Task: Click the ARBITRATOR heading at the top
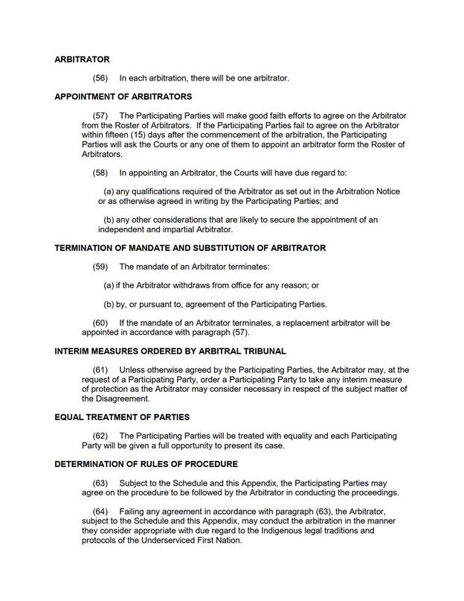[82, 60]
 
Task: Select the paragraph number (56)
[100, 78]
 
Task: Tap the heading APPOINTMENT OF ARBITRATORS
[123, 97]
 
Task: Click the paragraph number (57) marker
[100, 116]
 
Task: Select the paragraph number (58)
[100, 173]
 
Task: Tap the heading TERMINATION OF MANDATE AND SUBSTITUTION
[190, 248]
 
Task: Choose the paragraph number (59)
[100, 267]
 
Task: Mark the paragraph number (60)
[100, 323]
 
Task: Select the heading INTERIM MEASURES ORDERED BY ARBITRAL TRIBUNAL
[170, 352]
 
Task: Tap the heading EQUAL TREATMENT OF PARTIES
[122, 417]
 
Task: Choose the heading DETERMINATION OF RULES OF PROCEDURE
[146, 464]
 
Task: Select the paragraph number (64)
[100, 512]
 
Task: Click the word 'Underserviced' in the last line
[158, 540]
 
